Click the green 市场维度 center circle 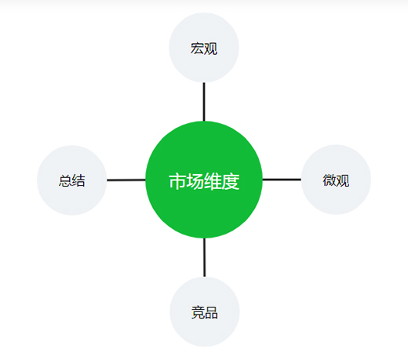[204, 180]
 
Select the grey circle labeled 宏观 [204, 48]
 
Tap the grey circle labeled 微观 [336, 180]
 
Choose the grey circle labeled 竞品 [205, 311]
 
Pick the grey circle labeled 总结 [72, 180]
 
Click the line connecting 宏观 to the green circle [204, 102]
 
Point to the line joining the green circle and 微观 [282, 180]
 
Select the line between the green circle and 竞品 [205, 257]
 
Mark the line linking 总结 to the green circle [126, 180]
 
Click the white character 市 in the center [178, 181]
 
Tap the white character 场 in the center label [195, 181]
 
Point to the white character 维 [213, 181]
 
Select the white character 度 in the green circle [231, 181]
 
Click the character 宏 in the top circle [197, 49]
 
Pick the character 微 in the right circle [330, 180]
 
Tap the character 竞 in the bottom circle [198, 312]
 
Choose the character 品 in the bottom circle [211, 312]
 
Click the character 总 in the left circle [65, 180]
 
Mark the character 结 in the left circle [78, 180]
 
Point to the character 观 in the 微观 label [343, 180]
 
